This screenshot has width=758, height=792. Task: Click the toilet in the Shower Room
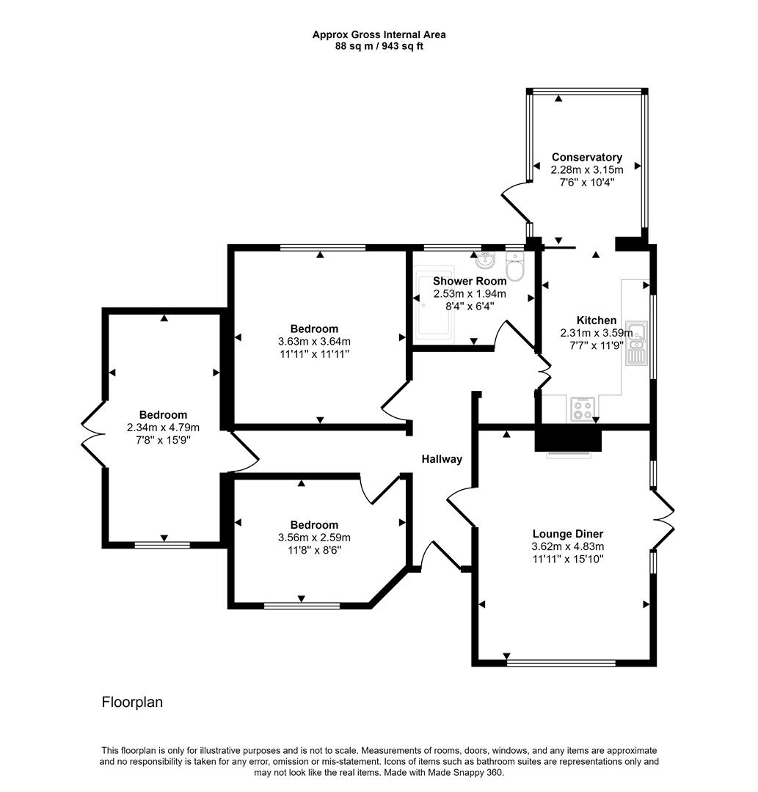(x=516, y=268)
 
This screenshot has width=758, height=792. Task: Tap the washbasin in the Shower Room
(x=484, y=260)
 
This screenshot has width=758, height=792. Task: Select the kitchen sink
(x=635, y=343)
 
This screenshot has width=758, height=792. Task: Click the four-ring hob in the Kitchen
(x=583, y=408)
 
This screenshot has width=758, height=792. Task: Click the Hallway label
(x=442, y=459)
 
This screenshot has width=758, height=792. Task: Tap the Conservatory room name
(x=586, y=157)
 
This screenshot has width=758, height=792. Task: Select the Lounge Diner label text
(x=567, y=534)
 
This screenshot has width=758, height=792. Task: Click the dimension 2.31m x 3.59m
(x=595, y=332)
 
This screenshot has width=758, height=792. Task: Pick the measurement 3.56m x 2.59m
(x=314, y=537)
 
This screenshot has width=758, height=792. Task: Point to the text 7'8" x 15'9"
(x=164, y=439)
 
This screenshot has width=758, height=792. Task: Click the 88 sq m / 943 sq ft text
(x=379, y=45)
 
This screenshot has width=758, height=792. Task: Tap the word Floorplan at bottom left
(x=132, y=702)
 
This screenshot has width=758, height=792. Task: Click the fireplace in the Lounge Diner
(x=568, y=441)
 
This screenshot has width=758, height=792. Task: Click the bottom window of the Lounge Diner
(x=561, y=663)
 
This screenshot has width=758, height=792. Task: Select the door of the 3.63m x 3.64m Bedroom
(x=396, y=402)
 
